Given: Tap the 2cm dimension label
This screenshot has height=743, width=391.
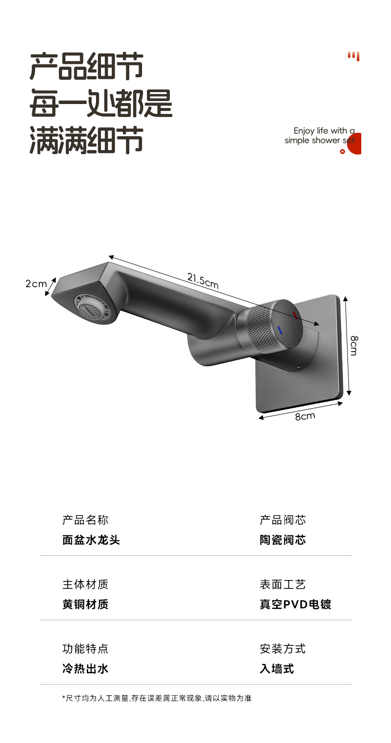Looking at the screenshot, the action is (x=36, y=284).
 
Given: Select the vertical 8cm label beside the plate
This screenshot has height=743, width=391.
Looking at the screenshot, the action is (x=354, y=345).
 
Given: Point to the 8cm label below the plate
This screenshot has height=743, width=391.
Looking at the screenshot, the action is (x=305, y=416).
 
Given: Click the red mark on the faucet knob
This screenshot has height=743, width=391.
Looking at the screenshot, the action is (x=295, y=315).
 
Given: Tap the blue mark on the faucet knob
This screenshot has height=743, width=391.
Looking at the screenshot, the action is (x=280, y=330).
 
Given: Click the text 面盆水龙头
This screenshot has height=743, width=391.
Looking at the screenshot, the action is (x=91, y=540).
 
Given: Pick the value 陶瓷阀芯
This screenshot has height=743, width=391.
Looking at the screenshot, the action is (x=283, y=540).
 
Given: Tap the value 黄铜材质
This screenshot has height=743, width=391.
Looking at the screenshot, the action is (x=85, y=604).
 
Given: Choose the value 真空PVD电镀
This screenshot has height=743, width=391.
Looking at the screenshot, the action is (x=295, y=604).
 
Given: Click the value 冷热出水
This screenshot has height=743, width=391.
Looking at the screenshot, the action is (x=85, y=669).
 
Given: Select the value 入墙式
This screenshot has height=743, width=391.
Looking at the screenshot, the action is (x=277, y=669).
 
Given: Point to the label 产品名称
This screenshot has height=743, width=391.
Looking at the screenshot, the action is (x=85, y=520).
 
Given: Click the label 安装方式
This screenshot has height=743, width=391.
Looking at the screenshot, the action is (x=283, y=648).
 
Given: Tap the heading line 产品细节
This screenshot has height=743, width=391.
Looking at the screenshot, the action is (x=87, y=66).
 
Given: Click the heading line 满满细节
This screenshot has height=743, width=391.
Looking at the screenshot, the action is (x=87, y=140).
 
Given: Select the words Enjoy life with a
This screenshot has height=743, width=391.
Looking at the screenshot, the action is (x=324, y=131).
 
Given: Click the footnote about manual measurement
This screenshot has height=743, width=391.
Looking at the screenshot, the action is (x=157, y=698).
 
